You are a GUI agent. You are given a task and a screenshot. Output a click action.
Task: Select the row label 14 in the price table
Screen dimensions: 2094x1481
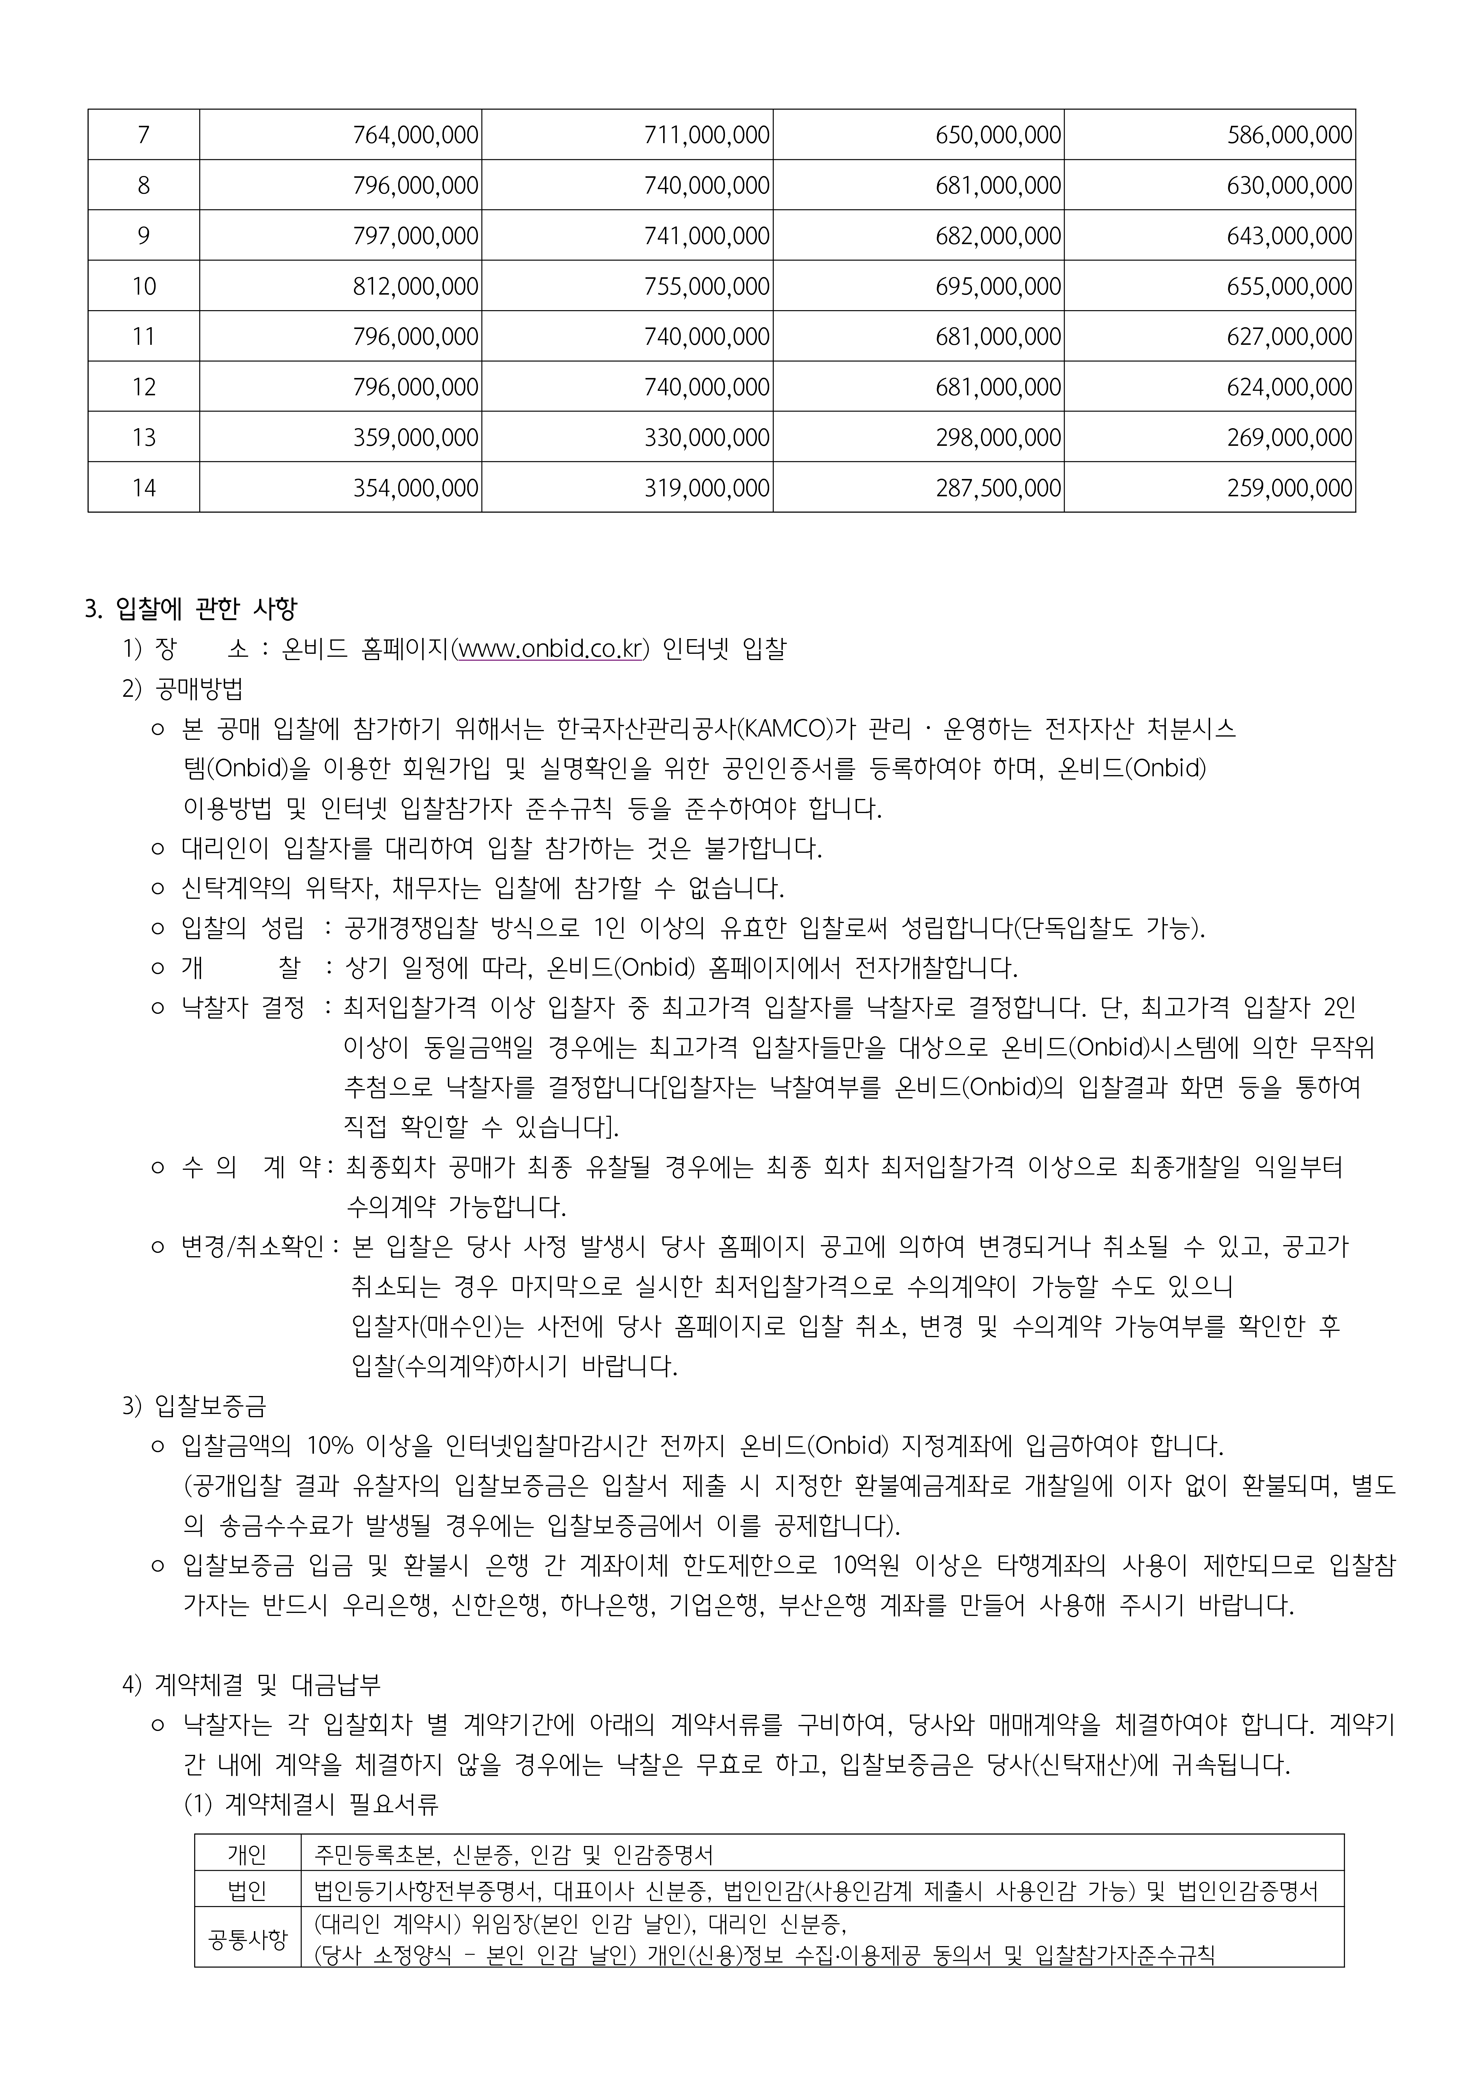point(144,488)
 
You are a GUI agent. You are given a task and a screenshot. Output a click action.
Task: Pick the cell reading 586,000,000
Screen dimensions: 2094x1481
point(1290,135)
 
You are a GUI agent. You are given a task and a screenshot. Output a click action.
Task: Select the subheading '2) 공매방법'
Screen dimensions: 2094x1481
point(183,688)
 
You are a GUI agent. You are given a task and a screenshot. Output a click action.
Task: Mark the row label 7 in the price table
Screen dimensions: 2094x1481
point(144,135)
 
